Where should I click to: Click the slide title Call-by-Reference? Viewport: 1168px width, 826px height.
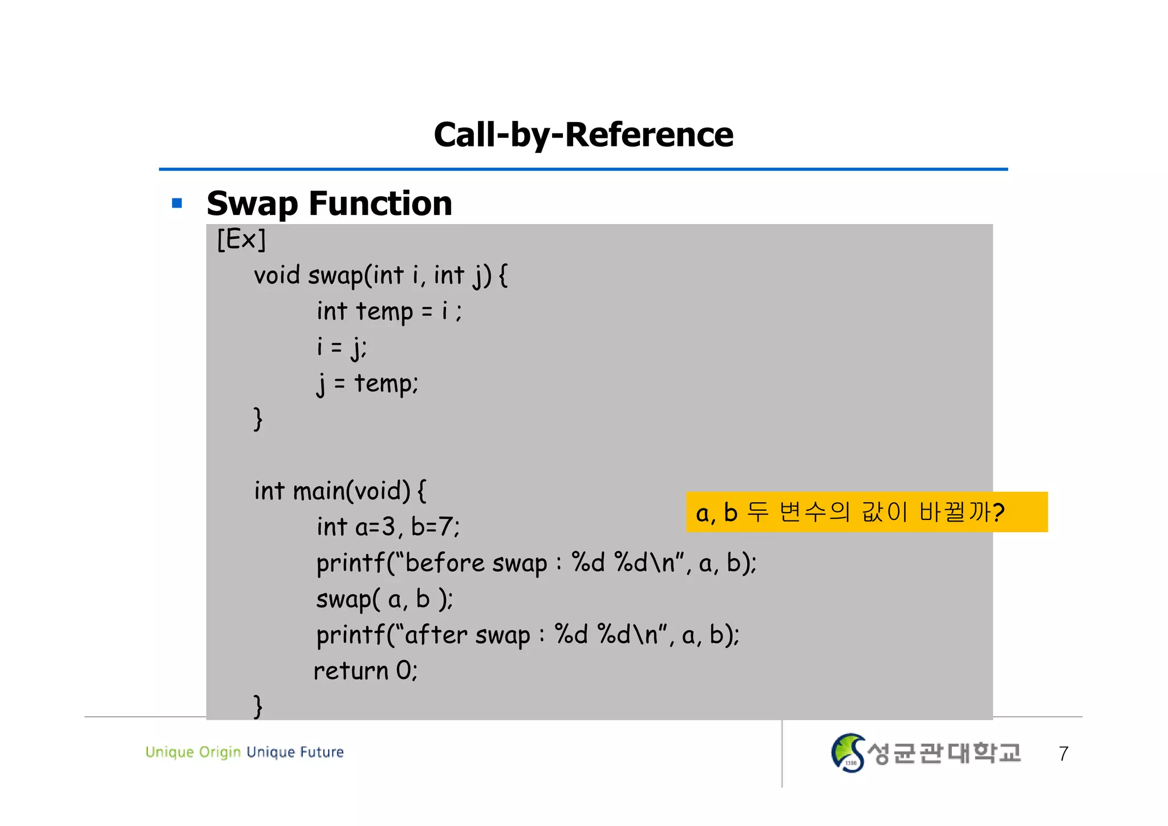pyautogui.click(x=583, y=135)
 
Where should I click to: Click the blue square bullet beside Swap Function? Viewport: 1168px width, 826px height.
pyautogui.click(x=177, y=203)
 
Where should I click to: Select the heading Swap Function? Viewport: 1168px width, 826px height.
pyautogui.click(x=329, y=204)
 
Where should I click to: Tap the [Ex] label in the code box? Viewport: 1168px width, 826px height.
pyautogui.click(x=241, y=239)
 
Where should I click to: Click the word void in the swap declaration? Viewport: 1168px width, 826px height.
pyautogui.click(x=277, y=275)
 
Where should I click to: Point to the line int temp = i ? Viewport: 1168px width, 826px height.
pyautogui.click(x=389, y=312)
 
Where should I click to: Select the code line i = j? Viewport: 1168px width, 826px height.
pyautogui.click(x=342, y=347)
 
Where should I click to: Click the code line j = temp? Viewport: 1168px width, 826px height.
pyautogui.click(x=367, y=384)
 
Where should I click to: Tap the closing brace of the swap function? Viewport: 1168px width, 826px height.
pyautogui.click(x=258, y=419)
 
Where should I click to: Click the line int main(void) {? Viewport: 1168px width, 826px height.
pyautogui.click(x=340, y=491)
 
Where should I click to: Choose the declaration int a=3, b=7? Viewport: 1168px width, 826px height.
pyautogui.click(x=388, y=527)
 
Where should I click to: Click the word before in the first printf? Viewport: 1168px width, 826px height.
pyautogui.click(x=444, y=563)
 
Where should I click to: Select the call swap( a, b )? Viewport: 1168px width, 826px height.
pyautogui.click(x=384, y=599)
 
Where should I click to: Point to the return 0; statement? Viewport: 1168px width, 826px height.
pyautogui.click(x=366, y=671)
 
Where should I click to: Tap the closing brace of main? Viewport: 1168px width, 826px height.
pyautogui.click(x=258, y=706)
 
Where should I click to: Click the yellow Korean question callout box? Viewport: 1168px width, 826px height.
pyautogui.click(x=866, y=512)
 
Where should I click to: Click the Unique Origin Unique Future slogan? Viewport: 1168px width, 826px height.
pyautogui.click(x=245, y=752)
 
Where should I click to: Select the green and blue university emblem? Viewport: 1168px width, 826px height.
pyautogui.click(x=848, y=753)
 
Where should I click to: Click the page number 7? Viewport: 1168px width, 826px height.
pyautogui.click(x=1063, y=754)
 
